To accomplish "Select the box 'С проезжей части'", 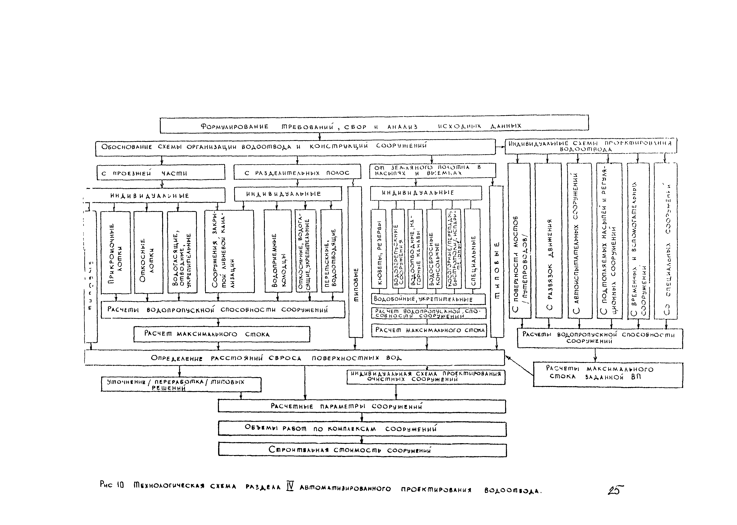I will coord(161,172).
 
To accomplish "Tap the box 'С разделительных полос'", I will coord(297,172).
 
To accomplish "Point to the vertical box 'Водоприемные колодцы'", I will coord(278,251).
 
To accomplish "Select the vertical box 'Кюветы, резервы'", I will coord(379,249).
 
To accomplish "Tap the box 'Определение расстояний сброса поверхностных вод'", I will coord(294,358).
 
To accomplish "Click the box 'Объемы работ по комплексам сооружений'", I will coord(362,429).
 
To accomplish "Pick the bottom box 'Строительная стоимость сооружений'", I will coord(362,450).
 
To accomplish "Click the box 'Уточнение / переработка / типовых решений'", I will coord(181,384).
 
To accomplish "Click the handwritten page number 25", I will coord(615,490).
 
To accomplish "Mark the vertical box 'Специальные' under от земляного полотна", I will coord(472,249).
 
